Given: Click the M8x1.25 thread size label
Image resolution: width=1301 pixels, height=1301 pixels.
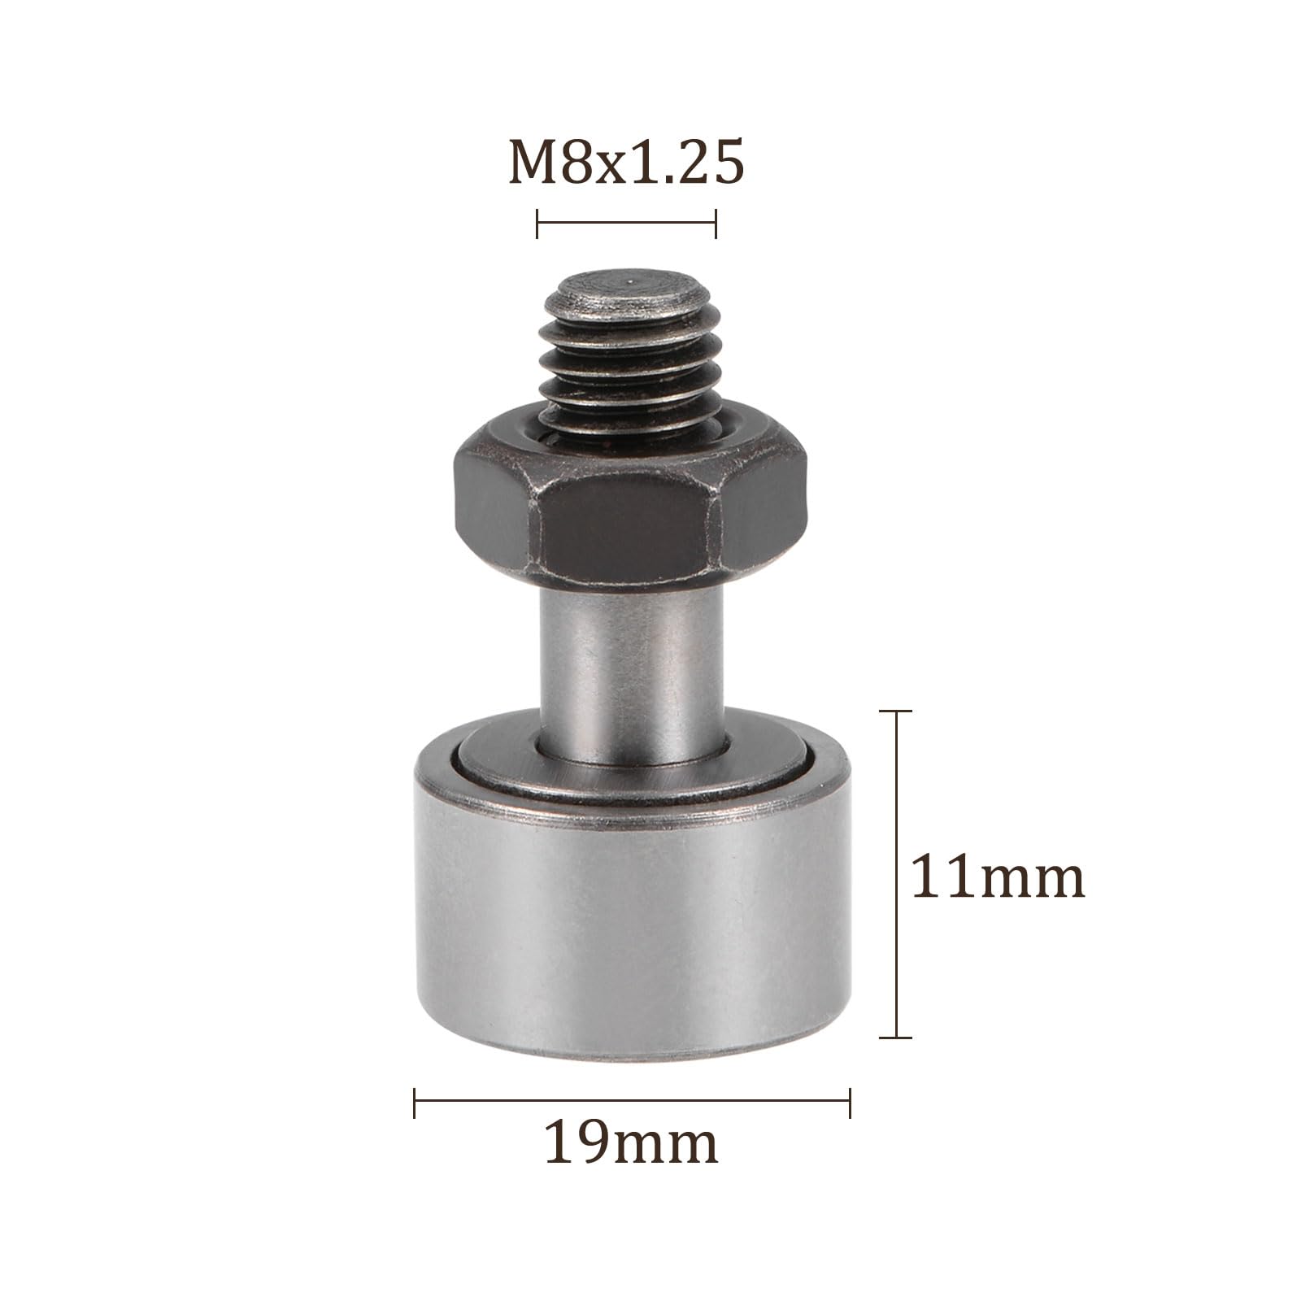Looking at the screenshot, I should click(626, 163).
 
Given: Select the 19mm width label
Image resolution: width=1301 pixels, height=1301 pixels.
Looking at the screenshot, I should click(631, 1142).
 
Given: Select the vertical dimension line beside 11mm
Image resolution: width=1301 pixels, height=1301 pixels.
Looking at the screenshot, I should click(896, 874).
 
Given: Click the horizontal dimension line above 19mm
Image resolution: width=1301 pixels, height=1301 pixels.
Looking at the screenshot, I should click(632, 1103).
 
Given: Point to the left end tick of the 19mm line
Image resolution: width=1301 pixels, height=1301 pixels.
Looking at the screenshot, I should click(415, 1103).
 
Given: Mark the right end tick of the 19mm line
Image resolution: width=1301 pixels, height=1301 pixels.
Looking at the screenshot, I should click(850, 1103).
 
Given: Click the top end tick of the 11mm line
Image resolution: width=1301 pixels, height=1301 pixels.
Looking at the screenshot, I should click(896, 711).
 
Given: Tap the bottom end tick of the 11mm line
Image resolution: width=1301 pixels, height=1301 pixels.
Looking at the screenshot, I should click(896, 1038).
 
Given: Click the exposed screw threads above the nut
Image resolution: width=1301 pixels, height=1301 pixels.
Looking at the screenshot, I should click(626, 366).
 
